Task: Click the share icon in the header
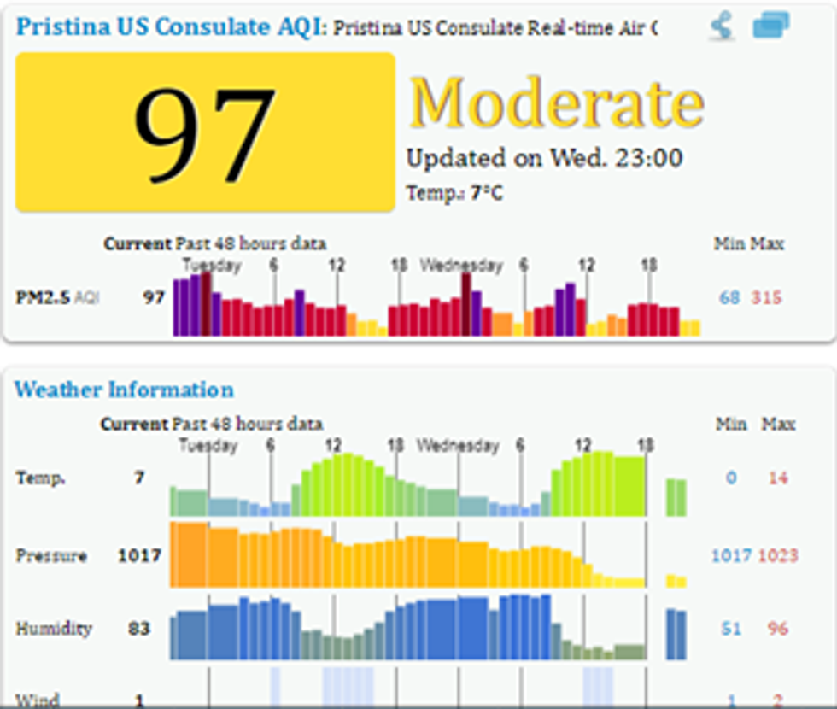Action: tap(722, 26)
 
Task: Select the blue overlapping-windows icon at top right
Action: tap(770, 26)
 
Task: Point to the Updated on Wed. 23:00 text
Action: tap(544, 158)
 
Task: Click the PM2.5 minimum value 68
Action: tap(729, 298)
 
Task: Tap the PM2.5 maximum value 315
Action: tap(766, 298)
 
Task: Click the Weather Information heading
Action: tap(124, 390)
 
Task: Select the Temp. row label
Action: tap(40, 478)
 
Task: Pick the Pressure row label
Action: tap(51, 556)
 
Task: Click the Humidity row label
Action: tap(54, 629)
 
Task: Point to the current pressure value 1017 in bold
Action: tap(139, 556)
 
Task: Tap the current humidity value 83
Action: tap(139, 629)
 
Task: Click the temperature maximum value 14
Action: tap(777, 478)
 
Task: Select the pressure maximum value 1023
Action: tap(777, 556)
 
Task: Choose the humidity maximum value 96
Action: tap(777, 629)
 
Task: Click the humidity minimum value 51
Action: tap(730, 629)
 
